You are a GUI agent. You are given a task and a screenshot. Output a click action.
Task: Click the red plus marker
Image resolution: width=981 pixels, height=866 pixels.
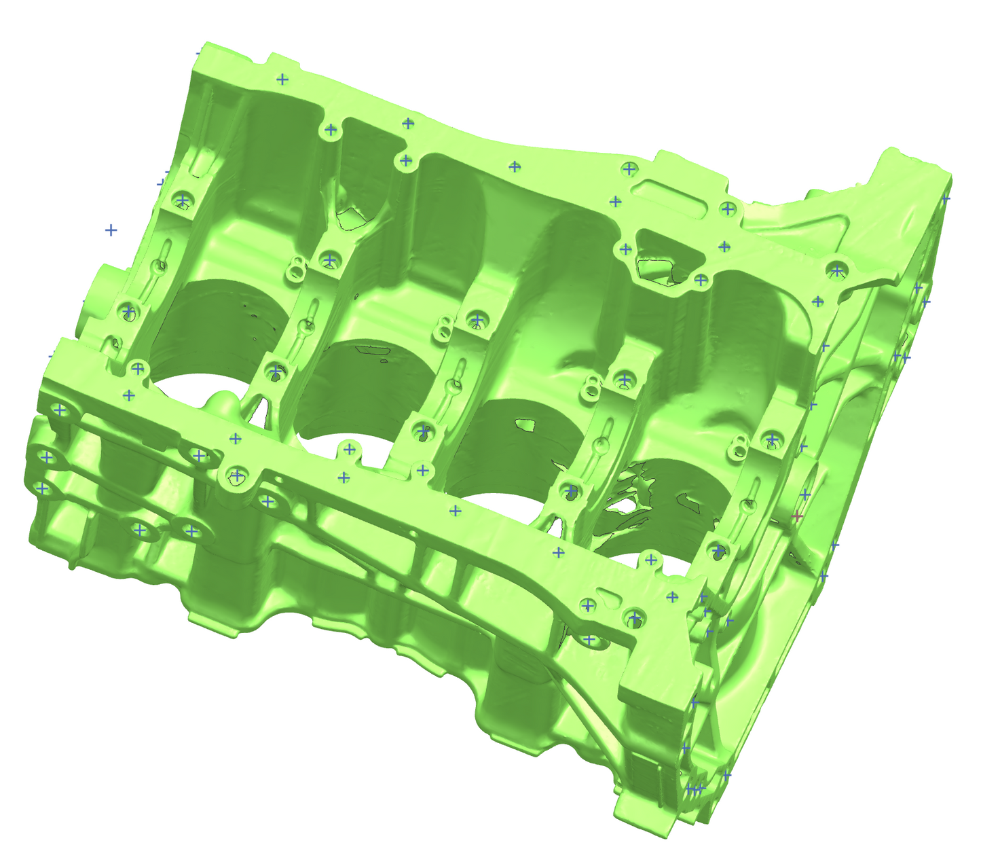pos(797,517)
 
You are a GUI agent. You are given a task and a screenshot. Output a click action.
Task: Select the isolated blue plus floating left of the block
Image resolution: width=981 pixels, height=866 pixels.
pos(111,230)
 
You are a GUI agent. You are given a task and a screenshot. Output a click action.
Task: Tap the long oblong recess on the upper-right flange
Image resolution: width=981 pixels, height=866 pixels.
pos(656,186)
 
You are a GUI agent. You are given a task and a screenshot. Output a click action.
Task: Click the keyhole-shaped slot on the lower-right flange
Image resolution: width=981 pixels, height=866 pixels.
pos(608,598)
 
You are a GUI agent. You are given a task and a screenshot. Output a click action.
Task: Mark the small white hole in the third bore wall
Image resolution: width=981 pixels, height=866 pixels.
pos(525,426)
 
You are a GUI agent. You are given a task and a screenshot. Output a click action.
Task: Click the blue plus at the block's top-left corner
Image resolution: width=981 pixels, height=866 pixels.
pos(198,52)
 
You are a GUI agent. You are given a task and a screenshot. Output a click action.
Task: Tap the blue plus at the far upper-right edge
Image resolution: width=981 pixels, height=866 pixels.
pos(945,199)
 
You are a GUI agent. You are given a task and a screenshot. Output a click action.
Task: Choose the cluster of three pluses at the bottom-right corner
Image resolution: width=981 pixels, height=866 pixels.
pos(695,789)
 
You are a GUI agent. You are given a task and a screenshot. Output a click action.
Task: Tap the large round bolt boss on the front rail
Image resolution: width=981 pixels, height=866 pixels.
pos(236,479)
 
